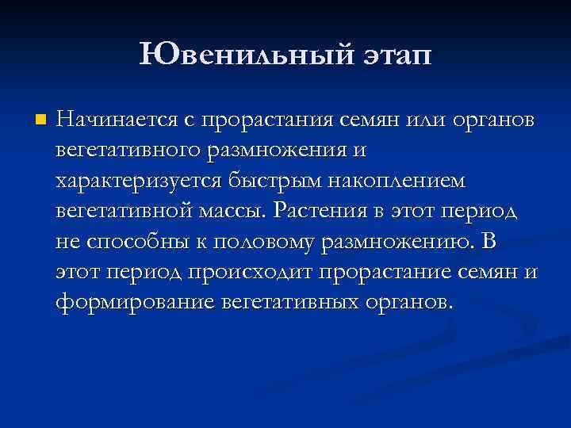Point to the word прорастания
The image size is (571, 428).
click(279, 120)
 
